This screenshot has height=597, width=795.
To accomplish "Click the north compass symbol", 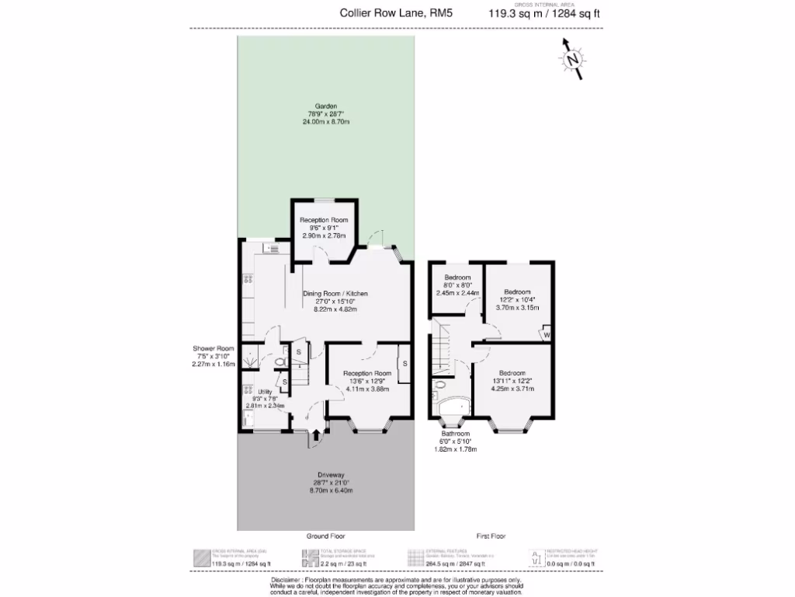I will (x=573, y=60).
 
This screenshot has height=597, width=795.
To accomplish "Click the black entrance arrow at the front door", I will (x=316, y=439).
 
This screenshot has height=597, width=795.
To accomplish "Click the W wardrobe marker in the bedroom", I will (x=547, y=334).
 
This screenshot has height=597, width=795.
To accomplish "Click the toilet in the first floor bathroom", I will (x=439, y=385).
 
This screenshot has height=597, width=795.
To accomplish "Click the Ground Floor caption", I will (x=326, y=536).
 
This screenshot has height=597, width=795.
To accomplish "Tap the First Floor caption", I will (x=491, y=536).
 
